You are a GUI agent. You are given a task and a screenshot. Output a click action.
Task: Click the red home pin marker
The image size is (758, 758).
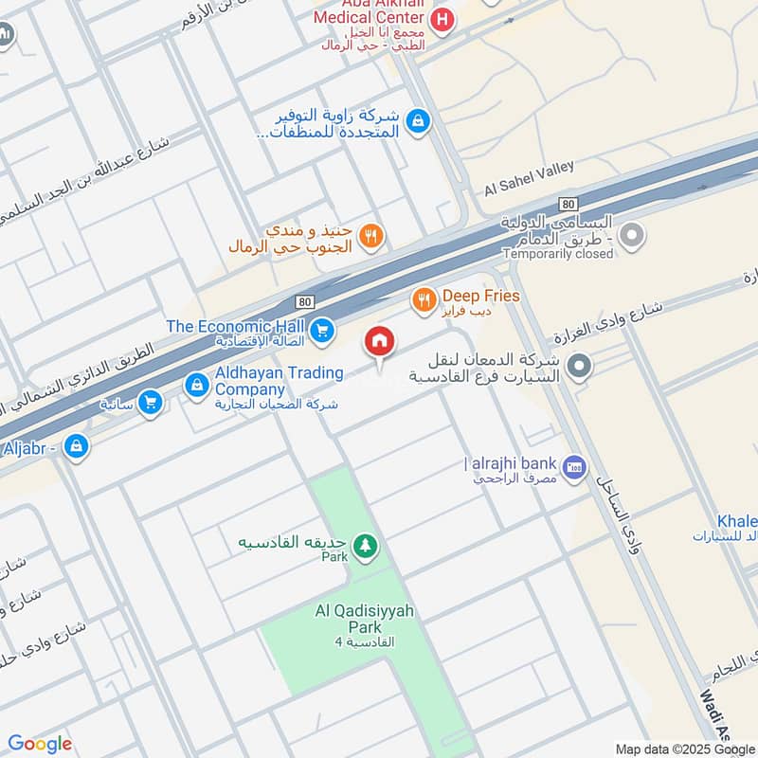point(380,341)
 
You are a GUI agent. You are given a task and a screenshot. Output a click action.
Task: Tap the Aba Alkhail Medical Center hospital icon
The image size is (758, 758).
point(441,17)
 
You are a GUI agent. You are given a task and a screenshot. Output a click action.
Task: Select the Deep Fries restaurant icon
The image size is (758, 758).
point(424,300)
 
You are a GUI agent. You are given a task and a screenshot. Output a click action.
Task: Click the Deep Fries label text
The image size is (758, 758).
point(480,297)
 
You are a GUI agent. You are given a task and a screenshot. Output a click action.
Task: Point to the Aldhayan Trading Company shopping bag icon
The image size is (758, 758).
point(196,384)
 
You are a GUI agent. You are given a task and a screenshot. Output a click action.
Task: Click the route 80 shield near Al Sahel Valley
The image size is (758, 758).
point(568,204)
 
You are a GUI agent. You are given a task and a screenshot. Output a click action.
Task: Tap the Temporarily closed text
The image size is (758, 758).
point(558,254)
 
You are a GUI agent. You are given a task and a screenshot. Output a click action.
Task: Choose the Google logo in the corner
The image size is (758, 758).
point(40,744)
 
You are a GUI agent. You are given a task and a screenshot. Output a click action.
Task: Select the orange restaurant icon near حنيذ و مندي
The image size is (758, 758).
point(372,236)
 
